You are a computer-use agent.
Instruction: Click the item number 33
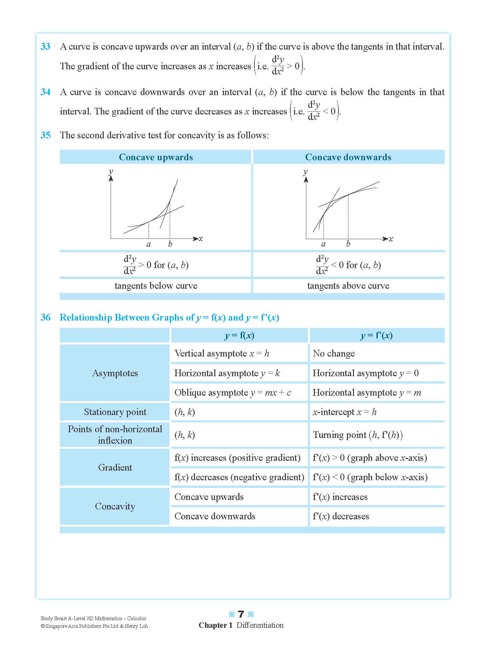coord(45,46)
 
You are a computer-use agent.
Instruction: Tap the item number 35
coord(45,135)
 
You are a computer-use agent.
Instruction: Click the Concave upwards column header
coord(156,157)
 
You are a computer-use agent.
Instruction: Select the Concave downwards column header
coord(348,157)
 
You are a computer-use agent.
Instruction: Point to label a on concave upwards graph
coord(148,244)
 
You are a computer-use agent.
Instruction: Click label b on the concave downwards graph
coord(348,244)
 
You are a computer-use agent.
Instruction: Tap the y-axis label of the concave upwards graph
coord(111,171)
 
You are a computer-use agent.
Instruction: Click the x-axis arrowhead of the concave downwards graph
coord(385,239)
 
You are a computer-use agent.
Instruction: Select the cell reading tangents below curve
coord(156,286)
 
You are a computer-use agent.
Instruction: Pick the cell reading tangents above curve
coord(348,286)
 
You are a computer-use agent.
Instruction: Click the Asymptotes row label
coord(115,373)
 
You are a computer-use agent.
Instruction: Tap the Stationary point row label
coord(115,412)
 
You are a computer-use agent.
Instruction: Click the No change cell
coord(334,353)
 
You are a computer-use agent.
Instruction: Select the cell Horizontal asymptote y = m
coord(367,392)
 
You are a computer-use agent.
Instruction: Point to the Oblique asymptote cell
coord(232,392)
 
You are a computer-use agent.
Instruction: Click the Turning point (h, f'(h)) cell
coord(357,435)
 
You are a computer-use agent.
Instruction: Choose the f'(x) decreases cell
coord(341,516)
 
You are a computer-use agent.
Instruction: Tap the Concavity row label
coord(115,506)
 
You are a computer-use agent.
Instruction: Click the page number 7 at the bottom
coord(241,614)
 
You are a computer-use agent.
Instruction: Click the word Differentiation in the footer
coord(260,625)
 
